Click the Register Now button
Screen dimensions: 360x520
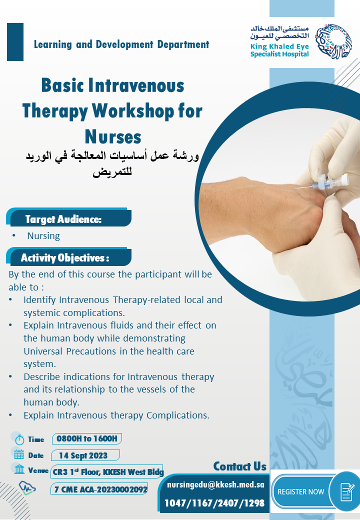(315, 491)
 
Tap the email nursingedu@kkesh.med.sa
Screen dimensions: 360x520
(216, 484)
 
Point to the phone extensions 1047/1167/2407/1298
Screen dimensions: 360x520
(214, 503)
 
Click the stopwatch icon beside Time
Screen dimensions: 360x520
(19, 439)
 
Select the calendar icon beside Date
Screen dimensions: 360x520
(19, 454)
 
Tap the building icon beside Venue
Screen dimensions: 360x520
(19, 469)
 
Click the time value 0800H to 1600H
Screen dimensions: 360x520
(87, 438)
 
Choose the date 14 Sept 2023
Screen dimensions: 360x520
(83, 455)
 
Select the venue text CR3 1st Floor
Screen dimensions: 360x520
(76, 471)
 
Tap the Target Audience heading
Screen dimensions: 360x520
(63, 219)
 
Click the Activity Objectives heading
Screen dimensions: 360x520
(65, 257)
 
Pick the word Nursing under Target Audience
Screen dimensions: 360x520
(43, 236)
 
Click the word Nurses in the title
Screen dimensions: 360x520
(113, 136)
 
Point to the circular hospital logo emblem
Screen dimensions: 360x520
(333, 42)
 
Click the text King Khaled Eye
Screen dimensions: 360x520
(279, 46)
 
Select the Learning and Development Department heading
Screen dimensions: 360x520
(121, 44)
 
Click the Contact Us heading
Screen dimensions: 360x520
(239, 466)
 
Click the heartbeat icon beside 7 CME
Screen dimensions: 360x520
(27, 488)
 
